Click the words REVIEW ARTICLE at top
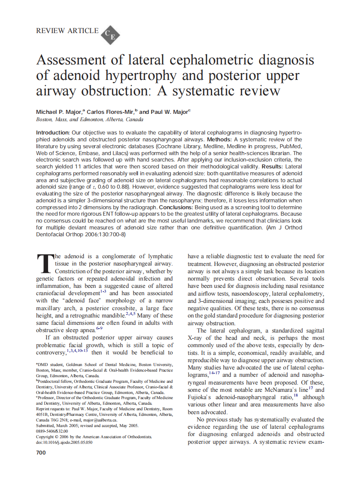click(67, 31)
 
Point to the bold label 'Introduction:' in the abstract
click(53, 132)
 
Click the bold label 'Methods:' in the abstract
click(219, 139)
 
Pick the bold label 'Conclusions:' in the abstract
click(177, 207)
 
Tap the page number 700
click(41, 452)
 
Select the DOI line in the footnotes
click(64, 442)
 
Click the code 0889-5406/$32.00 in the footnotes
click(52, 431)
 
